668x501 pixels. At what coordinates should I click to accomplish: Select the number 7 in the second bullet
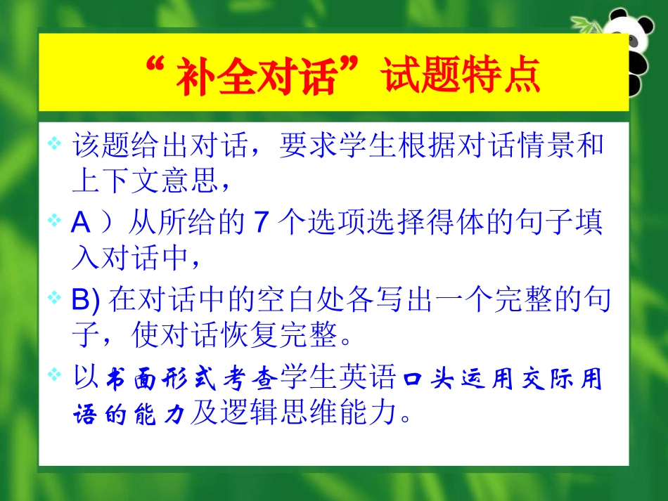261,224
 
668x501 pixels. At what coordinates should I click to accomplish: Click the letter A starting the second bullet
82,224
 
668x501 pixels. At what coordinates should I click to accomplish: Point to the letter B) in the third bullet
87,301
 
